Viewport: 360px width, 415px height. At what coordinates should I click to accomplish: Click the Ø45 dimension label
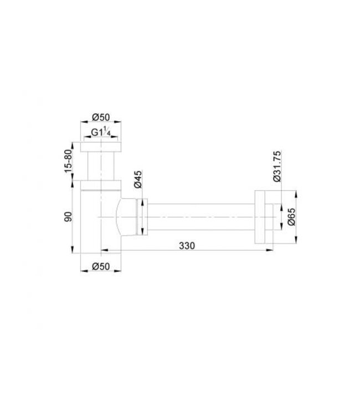click(x=138, y=180)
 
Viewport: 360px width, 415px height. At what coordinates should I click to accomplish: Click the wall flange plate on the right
click(x=261, y=216)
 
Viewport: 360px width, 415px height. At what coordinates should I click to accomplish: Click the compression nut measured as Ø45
click(x=142, y=216)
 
